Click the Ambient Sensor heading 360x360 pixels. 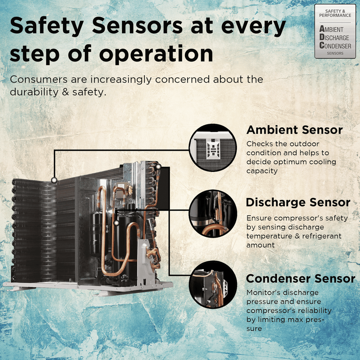click(295, 130)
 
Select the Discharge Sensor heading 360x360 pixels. click(298, 202)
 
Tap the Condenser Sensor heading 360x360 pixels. click(301, 279)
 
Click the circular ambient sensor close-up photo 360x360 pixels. click(213, 148)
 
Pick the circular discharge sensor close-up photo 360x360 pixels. click(213, 213)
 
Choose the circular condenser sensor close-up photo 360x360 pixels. click(213, 285)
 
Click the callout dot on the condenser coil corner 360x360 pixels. click(54, 180)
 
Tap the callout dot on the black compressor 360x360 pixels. click(117, 223)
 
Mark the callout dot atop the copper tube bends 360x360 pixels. click(158, 167)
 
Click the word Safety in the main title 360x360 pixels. click(47, 26)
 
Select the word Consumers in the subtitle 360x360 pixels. click(39, 79)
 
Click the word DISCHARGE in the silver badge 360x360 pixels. click(334, 37)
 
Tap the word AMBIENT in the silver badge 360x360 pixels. click(331, 29)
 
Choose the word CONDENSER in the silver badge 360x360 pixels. click(335, 46)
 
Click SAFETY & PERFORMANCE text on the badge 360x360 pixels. click(335, 13)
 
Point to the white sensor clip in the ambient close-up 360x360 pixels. click(213, 149)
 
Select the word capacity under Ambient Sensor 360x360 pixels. click(262, 171)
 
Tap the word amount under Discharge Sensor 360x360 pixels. click(261, 245)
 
